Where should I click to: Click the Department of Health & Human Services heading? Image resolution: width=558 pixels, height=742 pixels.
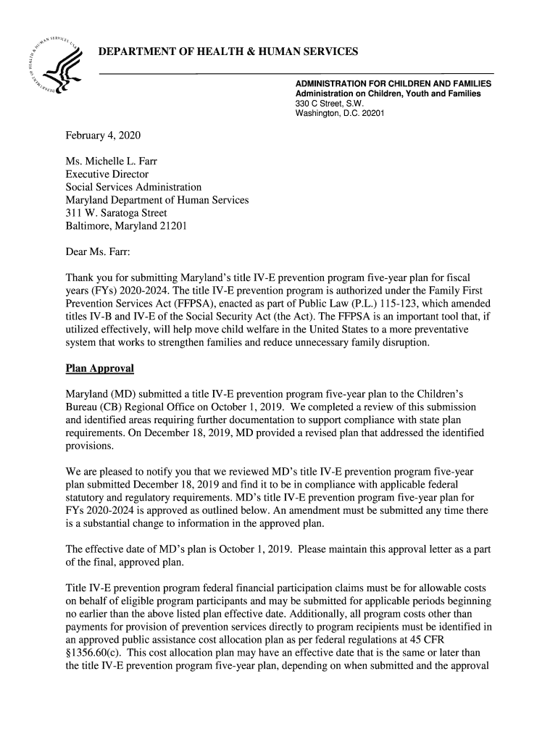[228, 52]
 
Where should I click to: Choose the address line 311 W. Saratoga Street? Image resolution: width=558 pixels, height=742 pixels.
[116, 213]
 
